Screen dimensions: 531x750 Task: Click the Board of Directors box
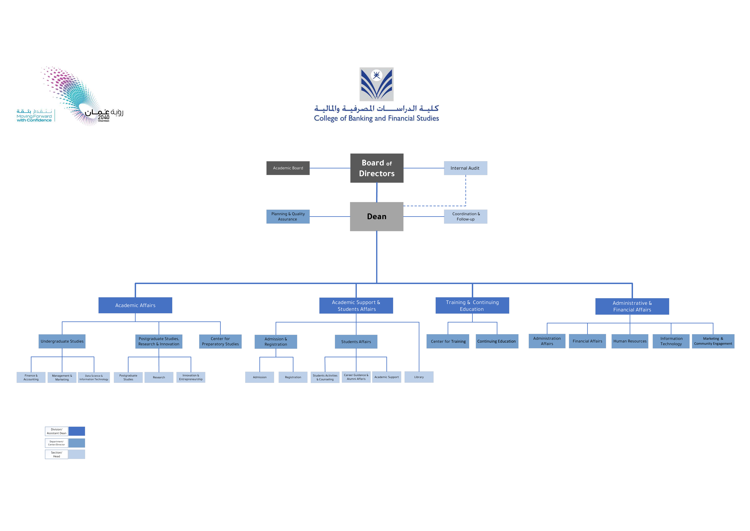377,168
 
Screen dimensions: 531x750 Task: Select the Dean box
377,216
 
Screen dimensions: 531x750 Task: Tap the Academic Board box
288,168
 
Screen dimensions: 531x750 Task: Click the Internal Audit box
465,168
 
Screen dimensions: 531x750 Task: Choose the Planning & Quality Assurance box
288,216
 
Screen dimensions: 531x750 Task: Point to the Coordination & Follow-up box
465,216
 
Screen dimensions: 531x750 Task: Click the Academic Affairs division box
135,305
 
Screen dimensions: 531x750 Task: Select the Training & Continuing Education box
472,305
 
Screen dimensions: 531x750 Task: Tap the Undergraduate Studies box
62,341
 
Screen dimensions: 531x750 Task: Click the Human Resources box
630,341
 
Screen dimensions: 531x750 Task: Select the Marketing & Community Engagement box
713,341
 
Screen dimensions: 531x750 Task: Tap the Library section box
419,377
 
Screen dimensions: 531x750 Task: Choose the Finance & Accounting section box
31,377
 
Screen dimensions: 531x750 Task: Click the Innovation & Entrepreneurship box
191,377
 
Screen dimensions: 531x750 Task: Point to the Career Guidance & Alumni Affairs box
356,377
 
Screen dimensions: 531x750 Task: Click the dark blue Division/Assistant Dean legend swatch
77,431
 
